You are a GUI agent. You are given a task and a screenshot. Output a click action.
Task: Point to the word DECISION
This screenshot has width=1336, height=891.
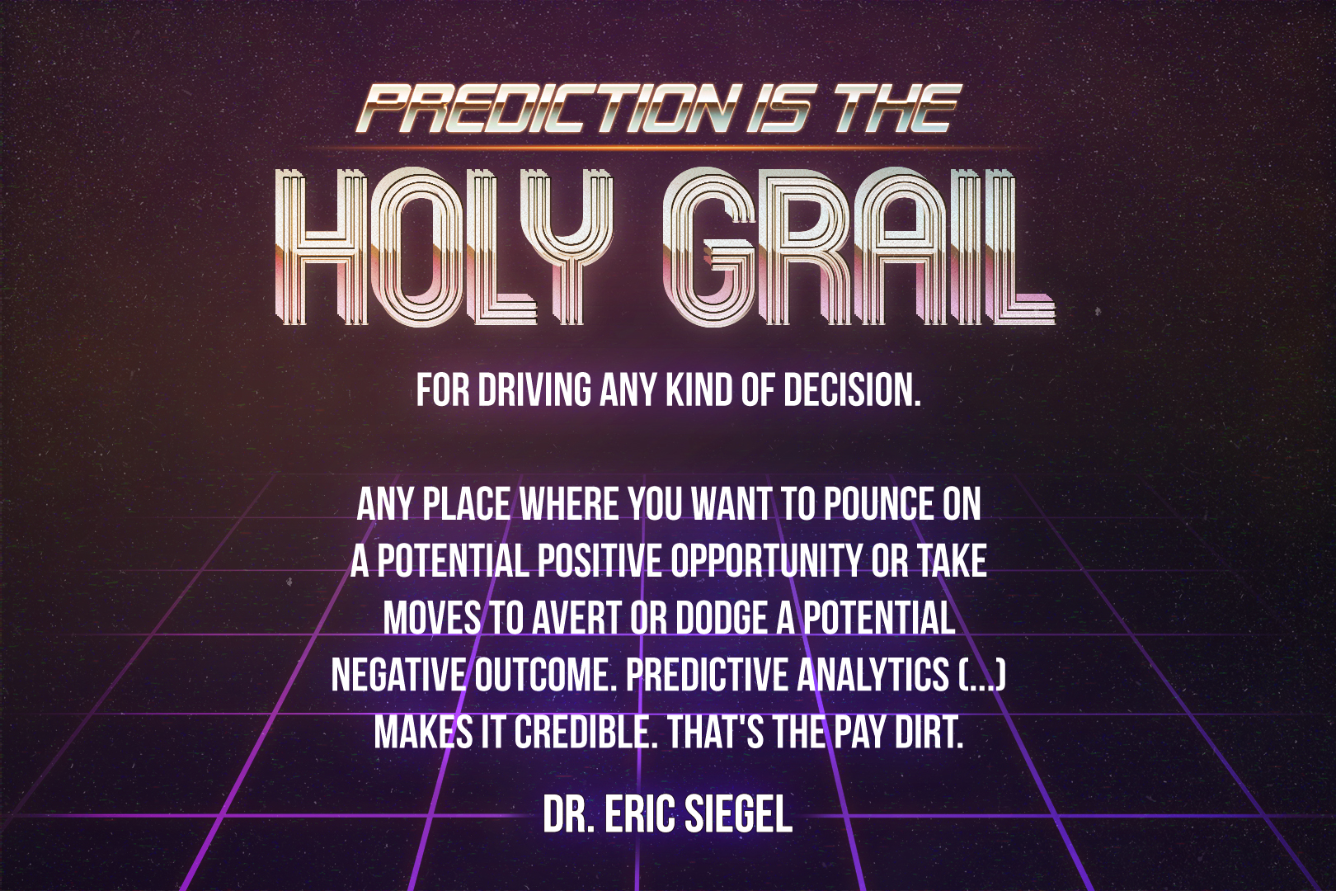click(852, 390)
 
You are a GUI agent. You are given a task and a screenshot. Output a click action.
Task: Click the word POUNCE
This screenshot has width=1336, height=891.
click(881, 505)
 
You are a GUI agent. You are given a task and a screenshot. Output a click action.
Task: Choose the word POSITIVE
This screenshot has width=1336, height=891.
click(601, 562)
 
